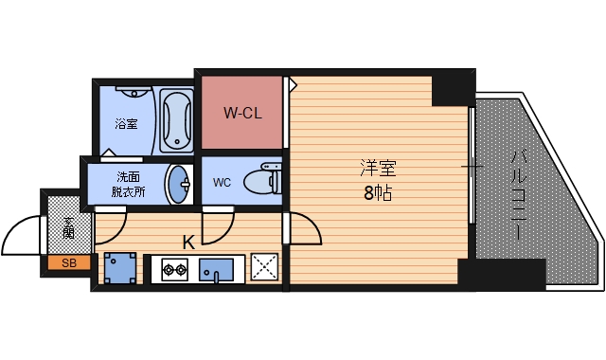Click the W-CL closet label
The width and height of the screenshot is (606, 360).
[x=241, y=114]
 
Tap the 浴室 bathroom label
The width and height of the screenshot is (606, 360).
[x=127, y=123]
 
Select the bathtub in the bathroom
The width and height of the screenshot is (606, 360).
[x=175, y=120]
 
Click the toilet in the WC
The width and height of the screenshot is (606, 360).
[x=258, y=180]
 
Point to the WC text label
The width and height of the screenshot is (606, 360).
[x=222, y=182]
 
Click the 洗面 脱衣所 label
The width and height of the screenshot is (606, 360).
[x=131, y=184]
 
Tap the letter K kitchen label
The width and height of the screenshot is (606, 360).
[x=188, y=243]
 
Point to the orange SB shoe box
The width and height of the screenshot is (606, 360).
[x=69, y=263]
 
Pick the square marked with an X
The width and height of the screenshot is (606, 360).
[x=263, y=269]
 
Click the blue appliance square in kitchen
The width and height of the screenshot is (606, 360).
[x=120, y=269]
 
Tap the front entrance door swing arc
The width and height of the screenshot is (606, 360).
[x=21, y=237]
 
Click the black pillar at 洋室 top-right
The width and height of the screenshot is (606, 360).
[x=453, y=88]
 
